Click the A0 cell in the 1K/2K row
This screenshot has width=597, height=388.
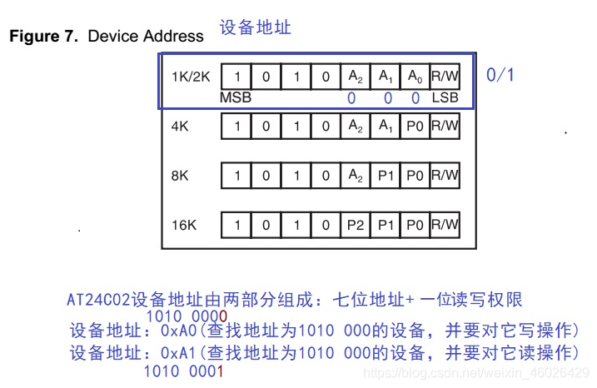click(x=415, y=77)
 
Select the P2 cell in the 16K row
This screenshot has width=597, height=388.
click(x=356, y=225)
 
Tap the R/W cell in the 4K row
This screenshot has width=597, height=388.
click(x=445, y=126)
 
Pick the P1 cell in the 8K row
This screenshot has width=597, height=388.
click(x=386, y=176)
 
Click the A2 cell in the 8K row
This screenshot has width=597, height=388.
click(x=356, y=176)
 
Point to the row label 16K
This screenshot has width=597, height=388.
click(x=184, y=225)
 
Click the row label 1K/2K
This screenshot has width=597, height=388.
click(x=191, y=77)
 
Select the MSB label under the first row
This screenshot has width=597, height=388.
click(x=236, y=97)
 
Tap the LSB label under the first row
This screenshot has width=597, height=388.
click(x=445, y=97)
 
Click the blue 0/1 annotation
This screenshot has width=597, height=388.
click(x=500, y=75)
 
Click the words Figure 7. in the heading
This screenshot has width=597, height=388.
click(x=44, y=36)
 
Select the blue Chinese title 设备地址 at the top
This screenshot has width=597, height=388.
click(x=255, y=27)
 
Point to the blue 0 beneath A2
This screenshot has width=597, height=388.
click(x=351, y=98)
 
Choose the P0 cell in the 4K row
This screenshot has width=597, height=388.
click(x=415, y=126)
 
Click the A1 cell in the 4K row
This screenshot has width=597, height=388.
click(x=386, y=126)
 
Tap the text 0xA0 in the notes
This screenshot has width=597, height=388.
click(x=178, y=331)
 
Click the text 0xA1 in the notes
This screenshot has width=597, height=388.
click(x=178, y=353)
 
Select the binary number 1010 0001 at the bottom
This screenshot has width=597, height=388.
click(x=183, y=371)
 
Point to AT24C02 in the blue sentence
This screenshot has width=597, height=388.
click(x=98, y=300)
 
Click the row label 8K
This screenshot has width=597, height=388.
click(x=180, y=176)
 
